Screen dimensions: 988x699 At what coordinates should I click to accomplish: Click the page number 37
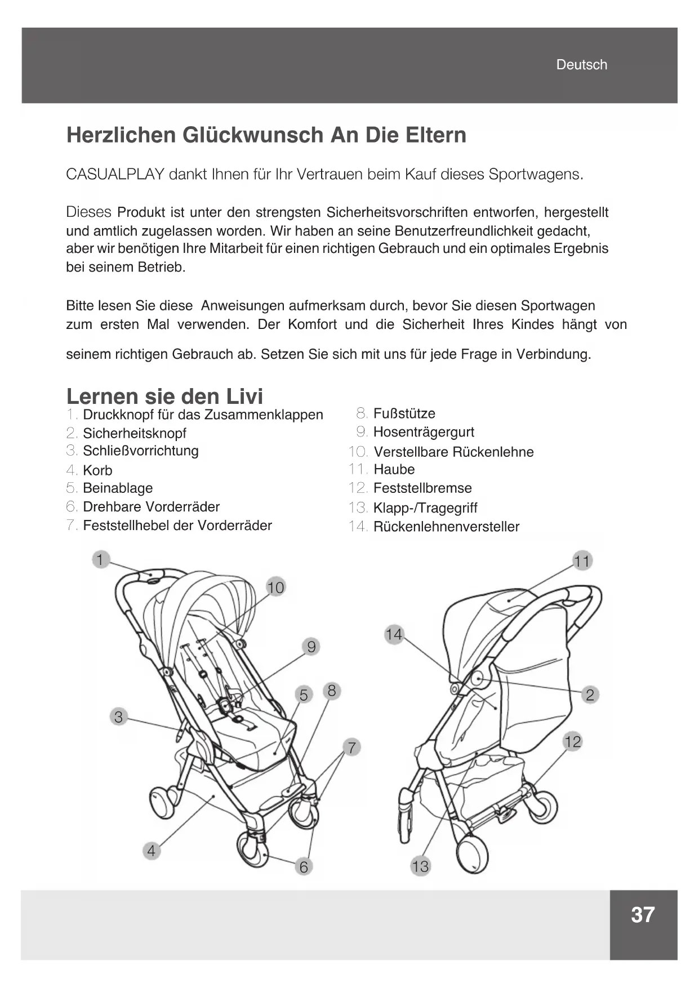643,915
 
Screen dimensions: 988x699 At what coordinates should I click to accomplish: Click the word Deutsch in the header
581,65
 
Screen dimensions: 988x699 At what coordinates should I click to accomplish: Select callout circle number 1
100,559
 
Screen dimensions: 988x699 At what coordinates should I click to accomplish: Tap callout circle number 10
275,588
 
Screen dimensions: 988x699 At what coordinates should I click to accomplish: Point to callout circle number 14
394,635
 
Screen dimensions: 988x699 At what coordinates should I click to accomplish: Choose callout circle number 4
151,851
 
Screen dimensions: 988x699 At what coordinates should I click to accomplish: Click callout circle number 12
572,741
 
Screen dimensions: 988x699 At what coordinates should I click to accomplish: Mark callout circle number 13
420,866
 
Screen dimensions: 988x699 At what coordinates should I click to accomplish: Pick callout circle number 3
118,717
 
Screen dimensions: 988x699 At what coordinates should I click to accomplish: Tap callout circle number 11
582,561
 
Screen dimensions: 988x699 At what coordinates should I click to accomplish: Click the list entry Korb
97,470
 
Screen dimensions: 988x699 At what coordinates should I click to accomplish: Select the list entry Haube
394,469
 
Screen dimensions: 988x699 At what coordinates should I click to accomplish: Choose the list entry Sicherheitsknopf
134,433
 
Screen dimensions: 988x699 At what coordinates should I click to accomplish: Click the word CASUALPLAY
115,174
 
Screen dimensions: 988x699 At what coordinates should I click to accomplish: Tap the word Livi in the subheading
244,397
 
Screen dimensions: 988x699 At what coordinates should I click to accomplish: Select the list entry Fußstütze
404,413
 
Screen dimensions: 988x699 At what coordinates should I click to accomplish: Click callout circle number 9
311,646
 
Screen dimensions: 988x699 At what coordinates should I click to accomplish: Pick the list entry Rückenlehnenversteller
446,527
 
